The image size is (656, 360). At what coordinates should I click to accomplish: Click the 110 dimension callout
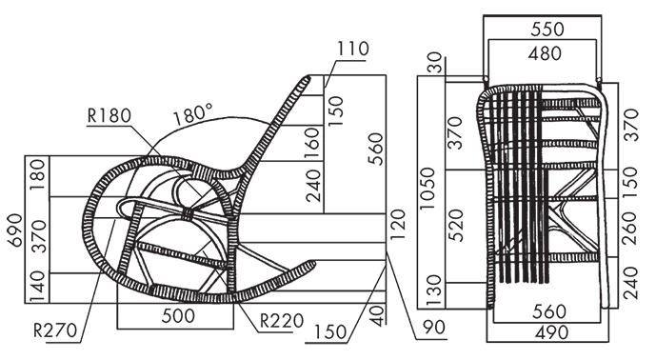353,49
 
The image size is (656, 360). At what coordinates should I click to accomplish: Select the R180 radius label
109,115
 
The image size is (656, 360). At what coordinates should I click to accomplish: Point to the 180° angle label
193,114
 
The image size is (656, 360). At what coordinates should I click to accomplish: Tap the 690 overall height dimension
15,230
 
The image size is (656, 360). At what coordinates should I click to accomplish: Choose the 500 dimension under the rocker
178,315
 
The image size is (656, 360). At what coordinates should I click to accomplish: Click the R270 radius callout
55,330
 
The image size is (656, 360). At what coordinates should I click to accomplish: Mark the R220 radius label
282,321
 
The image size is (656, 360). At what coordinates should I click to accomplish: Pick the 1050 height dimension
427,189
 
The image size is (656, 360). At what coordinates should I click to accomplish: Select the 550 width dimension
547,29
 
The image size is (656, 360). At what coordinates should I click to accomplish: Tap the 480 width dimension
545,53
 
